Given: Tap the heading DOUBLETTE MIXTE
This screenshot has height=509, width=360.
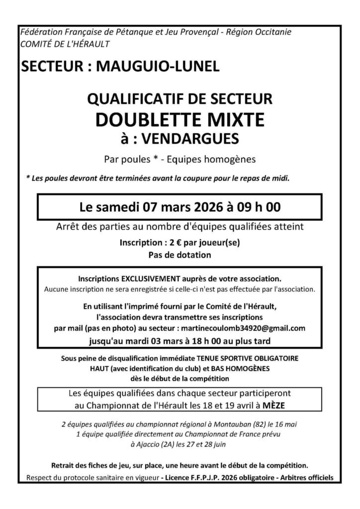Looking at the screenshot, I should [180, 119].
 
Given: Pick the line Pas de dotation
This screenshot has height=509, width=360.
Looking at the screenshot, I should [180, 255].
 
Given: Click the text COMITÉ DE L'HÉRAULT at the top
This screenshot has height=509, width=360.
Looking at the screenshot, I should [65, 44].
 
